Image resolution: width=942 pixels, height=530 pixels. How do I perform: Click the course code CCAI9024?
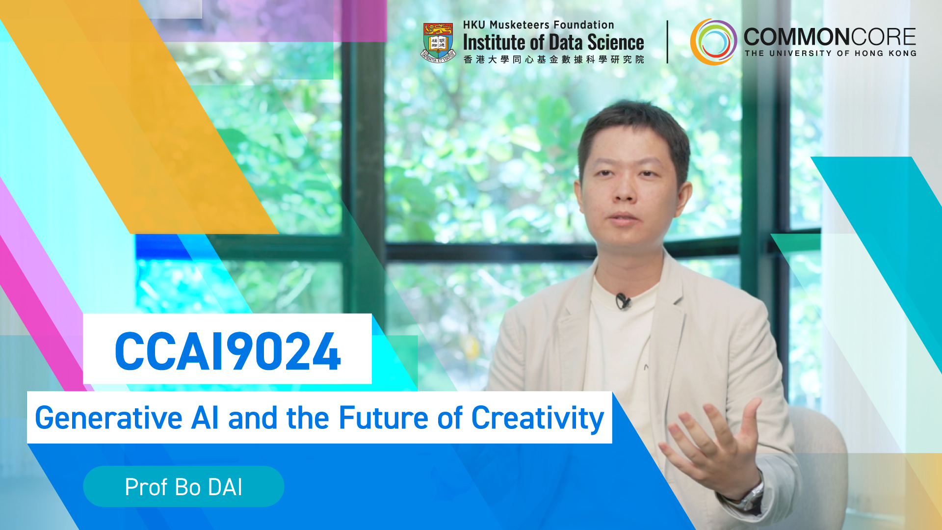[228, 350]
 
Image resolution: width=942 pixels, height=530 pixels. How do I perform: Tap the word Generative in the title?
[109, 419]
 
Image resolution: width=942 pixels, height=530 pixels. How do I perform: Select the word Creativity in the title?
[538, 419]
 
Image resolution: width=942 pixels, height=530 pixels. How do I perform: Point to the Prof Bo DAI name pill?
[183, 486]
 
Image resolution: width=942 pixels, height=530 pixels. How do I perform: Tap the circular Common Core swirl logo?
[713, 42]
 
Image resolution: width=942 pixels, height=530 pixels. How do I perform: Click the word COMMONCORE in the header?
[830, 37]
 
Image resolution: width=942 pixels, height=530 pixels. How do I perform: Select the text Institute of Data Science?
[553, 43]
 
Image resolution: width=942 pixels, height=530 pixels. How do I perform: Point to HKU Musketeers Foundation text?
[538, 25]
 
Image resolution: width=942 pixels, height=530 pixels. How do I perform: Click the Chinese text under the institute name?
[553, 59]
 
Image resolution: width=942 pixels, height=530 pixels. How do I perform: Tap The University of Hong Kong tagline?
[830, 53]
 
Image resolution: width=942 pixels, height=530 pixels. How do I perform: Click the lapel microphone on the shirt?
[623, 301]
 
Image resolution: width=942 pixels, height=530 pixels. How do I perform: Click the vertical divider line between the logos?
[667, 42]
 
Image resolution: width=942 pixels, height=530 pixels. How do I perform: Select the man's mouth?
[623, 218]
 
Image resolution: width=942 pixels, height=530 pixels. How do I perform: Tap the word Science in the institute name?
[616, 43]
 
